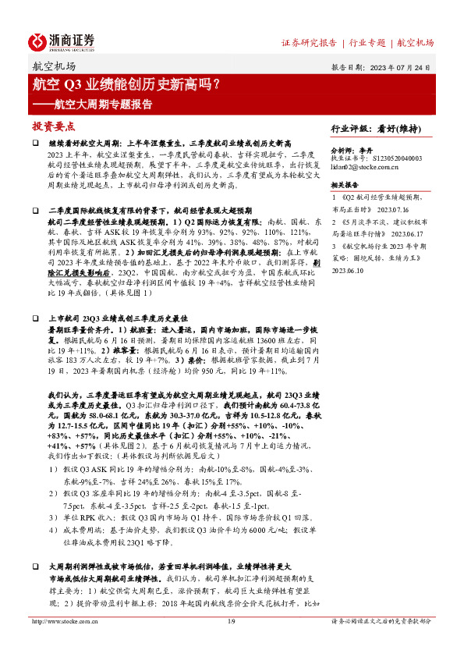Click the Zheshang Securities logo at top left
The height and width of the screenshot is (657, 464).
pyautogui.click(x=62, y=41)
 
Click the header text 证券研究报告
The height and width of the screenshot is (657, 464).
pyautogui.click(x=309, y=42)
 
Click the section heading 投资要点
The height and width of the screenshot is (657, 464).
pyautogui.click(x=54, y=126)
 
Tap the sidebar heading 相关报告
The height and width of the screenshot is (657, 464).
pyautogui.click(x=345, y=186)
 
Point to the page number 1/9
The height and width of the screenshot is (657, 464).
pyautogui.click(x=231, y=643)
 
